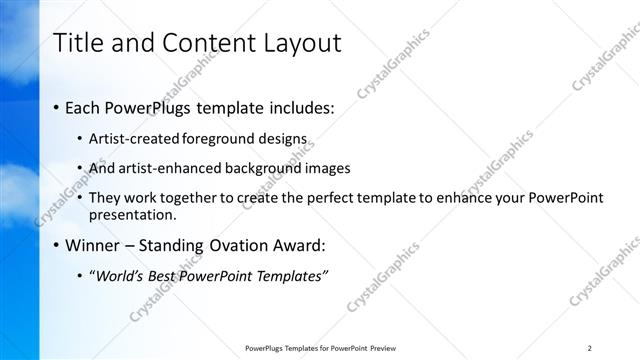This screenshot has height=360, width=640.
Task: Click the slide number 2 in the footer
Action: (590, 348)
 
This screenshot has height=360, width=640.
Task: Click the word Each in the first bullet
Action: (84, 107)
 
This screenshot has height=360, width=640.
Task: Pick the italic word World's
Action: (121, 276)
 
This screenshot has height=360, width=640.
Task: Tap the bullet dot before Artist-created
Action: (81, 140)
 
